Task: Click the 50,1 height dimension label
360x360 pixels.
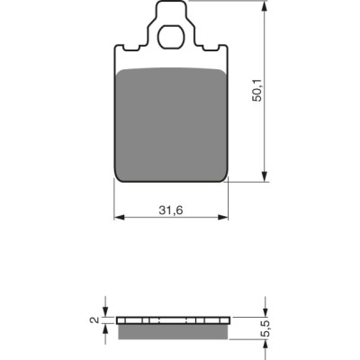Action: [257, 91]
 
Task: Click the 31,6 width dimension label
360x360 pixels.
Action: [171, 211]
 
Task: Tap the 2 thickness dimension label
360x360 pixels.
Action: [94, 320]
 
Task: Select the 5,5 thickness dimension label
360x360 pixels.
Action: [266, 329]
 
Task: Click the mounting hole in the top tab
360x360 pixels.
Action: [171, 37]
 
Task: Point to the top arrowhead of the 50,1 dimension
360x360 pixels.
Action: [265, 5]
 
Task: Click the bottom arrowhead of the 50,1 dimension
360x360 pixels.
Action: [265, 176]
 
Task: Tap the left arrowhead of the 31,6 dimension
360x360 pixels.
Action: [120, 217]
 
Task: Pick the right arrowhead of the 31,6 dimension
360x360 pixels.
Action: [223, 217]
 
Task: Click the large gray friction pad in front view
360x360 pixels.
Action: [171, 124]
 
